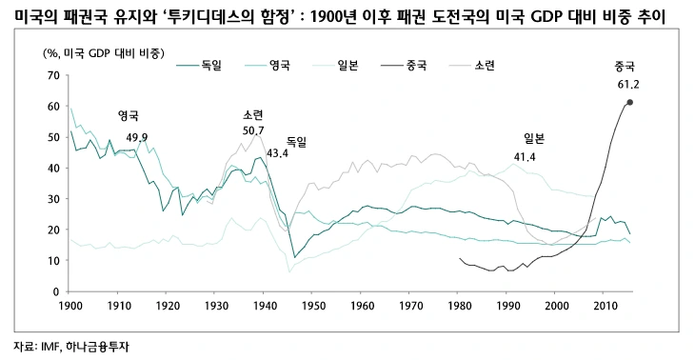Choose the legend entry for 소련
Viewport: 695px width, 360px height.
pos(484,65)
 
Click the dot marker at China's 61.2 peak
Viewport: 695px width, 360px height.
pos(630,102)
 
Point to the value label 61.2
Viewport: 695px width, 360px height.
pos(627,84)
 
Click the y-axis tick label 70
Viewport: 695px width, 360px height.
pos(52,74)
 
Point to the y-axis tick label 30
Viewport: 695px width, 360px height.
pos(52,198)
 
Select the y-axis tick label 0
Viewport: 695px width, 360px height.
pos(55,291)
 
